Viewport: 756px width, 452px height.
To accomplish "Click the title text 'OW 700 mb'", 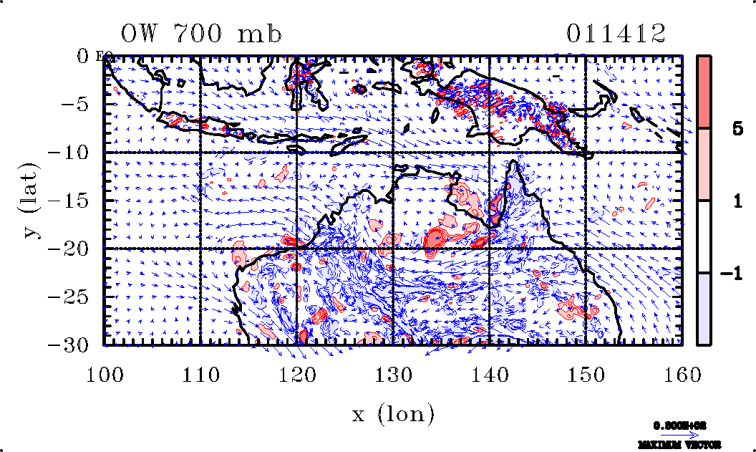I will coord(201,34).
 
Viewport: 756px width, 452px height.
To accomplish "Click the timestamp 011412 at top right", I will coord(616,34).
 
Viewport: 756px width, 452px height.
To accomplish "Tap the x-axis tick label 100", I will coord(105,373).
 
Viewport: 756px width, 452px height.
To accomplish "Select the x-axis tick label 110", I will coord(201,373).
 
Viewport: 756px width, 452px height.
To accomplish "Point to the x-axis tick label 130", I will coord(394,373).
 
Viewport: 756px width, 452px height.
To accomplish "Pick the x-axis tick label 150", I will coord(586,373).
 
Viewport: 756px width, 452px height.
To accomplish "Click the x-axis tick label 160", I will coord(682,373).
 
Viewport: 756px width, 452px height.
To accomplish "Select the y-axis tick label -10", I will coord(77,153).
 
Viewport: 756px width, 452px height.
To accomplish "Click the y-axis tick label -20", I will coord(77,249).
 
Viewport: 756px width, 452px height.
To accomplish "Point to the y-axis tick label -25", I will coord(77,297).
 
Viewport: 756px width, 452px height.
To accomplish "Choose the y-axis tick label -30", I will coord(77,345).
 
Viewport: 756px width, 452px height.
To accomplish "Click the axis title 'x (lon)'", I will coord(394,413).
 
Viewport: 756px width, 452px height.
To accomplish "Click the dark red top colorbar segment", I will coord(704,92).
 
